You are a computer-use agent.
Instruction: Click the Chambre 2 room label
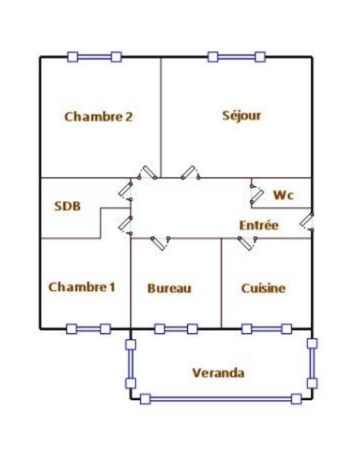coord(99,117)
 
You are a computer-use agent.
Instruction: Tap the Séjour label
coord(242,116)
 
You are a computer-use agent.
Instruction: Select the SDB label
coord(68,207)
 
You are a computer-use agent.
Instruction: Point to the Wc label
coord(284,195)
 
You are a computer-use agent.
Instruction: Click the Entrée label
coord(258,225)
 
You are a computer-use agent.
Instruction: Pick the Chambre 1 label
coord(81,287)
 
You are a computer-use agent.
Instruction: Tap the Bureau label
coord(169,289)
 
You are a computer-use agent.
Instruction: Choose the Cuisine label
coord(264,289)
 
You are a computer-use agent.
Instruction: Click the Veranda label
coord(218,373)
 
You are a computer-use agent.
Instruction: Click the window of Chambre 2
coord(94,57)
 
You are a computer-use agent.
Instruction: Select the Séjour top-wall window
coord(236,57)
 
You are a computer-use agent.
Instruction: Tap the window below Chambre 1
coord(89,329)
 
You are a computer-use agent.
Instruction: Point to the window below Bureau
coord(176,329)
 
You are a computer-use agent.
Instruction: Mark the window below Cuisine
coord(266,329)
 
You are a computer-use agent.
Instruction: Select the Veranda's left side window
coord(131,364)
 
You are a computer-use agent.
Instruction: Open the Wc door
coord(257,196)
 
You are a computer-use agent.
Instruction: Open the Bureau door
coord(161,243)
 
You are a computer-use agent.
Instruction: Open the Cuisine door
coord(248,243)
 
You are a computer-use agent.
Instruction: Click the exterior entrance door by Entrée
coord(307,221)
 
